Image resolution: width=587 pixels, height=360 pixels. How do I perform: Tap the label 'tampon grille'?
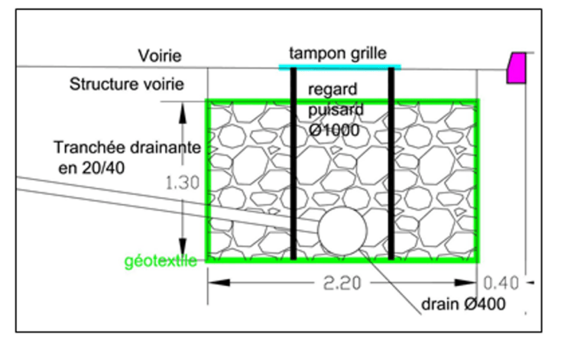[338, 54]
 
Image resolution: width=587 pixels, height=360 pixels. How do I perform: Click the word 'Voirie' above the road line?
[161, 56]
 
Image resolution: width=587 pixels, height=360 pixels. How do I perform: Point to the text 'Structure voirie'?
[127, 84]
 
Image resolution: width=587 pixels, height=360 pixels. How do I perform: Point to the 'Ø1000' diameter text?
[334, 130]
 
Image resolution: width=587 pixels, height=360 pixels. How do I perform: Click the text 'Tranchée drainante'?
[118, 147]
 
